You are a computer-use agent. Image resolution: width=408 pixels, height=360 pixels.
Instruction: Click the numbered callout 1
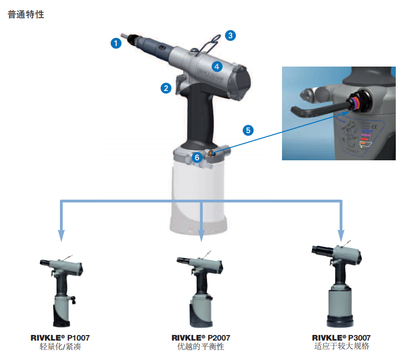point(116,43)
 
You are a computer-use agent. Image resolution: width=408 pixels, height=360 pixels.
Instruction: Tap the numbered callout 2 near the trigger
point(166,88)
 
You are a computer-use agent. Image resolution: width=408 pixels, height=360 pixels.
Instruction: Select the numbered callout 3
point(230,36)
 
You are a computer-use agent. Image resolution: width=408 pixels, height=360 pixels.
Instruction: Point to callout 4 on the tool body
point(216,67)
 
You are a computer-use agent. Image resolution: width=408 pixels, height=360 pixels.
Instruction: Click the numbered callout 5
point(248,130)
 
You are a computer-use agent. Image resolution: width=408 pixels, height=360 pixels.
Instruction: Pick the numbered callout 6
point(197,157)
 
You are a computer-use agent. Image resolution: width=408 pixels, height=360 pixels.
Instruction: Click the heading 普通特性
point(26,14)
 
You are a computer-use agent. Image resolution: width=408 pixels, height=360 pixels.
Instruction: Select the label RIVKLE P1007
point(60,338)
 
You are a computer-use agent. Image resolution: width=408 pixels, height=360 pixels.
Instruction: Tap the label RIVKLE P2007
point(200,338)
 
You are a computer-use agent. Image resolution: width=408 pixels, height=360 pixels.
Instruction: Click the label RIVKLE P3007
point(341,338)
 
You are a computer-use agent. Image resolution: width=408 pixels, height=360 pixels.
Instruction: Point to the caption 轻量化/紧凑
point(60,347)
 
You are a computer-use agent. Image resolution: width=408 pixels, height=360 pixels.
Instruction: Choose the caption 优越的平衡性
point(200,347)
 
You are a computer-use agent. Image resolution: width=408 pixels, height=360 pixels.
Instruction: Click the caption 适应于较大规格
point(341,346)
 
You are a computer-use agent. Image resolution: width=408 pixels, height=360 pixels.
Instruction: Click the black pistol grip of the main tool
point(200,117)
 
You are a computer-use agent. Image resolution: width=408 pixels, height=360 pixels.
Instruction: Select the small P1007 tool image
point(62,291)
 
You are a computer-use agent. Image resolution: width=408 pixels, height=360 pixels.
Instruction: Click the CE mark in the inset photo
point(374,127)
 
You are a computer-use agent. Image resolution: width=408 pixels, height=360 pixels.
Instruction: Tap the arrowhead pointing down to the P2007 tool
point(201,236)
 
